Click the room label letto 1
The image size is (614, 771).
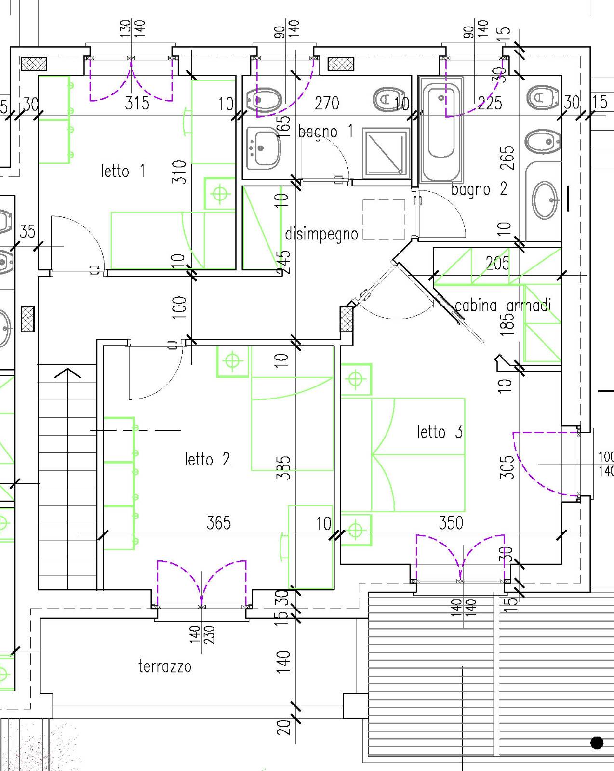123,171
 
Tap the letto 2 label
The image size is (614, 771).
207,459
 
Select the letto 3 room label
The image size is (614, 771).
440,432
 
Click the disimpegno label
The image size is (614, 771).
321,234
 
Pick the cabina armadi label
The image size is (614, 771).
503,306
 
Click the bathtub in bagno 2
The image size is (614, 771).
441,129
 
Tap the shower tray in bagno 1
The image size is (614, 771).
386,152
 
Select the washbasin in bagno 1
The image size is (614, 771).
264,148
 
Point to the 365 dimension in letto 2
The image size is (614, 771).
219,523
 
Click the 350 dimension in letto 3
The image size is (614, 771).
451,523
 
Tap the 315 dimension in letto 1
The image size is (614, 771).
137,103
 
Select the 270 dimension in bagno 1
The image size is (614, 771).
327,103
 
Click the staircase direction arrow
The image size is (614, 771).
67,373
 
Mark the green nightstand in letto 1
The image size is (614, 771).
219,193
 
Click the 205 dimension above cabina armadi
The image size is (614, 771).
498,263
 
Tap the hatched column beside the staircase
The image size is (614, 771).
27,319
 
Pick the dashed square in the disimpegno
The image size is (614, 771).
384,220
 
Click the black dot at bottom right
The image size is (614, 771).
597,743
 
